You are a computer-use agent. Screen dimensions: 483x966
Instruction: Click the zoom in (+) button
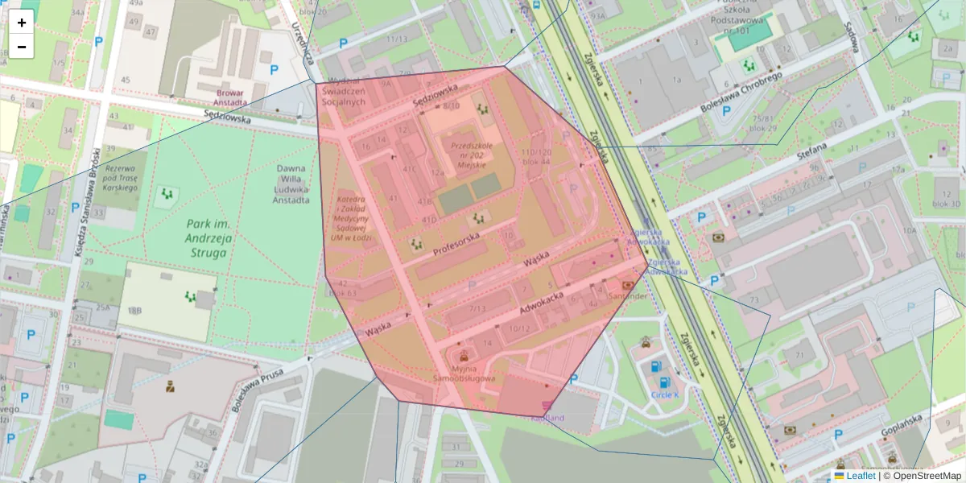22,23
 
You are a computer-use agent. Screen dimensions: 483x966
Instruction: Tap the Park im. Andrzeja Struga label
198,238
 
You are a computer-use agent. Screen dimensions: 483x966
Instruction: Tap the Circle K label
665,395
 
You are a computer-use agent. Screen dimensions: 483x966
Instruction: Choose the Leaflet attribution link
860,476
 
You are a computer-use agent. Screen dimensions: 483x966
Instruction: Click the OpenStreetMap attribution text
926,476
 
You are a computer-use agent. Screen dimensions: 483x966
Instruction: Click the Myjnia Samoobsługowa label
464,373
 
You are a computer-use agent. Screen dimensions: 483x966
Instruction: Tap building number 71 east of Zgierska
799,355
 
